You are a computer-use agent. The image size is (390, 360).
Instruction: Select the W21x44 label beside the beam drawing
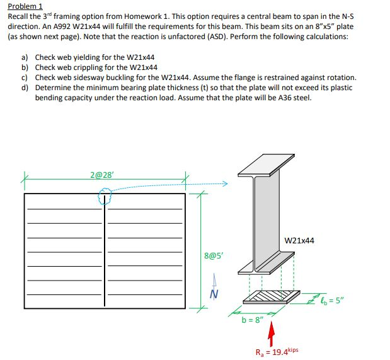299,240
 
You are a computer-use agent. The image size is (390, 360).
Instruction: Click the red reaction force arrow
272,332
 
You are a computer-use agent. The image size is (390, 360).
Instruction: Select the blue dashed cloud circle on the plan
105,199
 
